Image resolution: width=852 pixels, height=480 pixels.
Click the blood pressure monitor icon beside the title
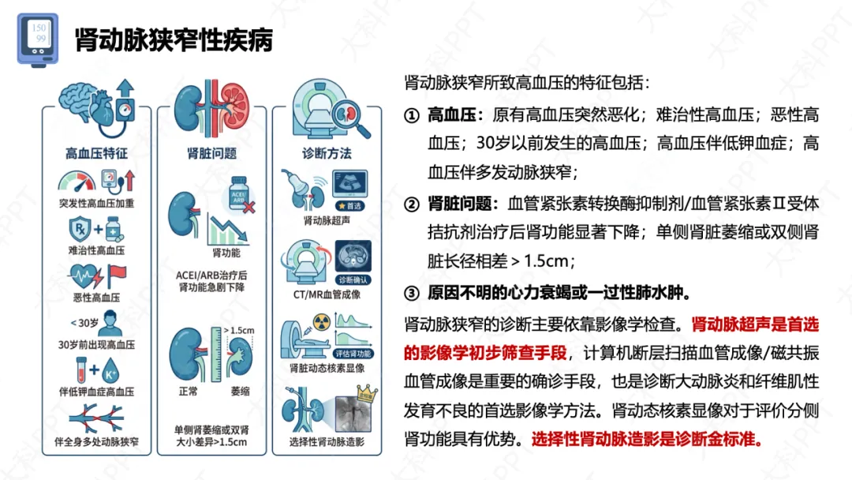tap(37, 39)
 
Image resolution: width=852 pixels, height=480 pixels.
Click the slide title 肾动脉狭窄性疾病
tap(174, 40)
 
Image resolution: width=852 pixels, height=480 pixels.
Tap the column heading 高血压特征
tap(96, 153)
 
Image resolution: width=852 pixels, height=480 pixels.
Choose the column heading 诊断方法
tap(327, 153)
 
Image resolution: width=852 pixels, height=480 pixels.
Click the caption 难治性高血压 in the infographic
tap(96, 250)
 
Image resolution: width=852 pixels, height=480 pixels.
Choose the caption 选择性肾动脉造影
tap(327, 442)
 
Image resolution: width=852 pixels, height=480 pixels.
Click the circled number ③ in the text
tap(411, 293)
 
